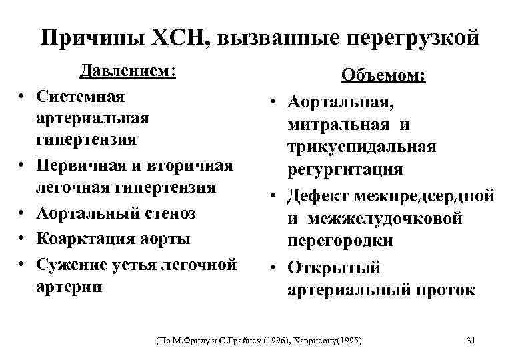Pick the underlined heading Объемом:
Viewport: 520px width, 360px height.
[x=383, y=75]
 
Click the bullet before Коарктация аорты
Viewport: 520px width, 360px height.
[x=23, y=238]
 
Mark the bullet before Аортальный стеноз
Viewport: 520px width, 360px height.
[x=23, y=214]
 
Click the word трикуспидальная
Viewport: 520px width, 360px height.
[x=362, y=146]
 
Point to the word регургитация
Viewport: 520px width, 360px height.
[x=345, y=169]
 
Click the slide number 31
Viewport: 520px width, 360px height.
[x=471, y=341]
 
